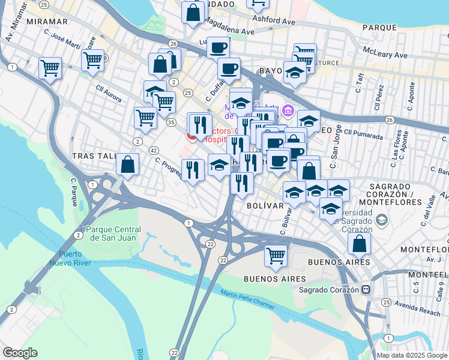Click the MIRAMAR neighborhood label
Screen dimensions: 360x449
[x=47, y=21]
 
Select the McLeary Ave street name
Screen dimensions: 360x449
[x=387, y=55]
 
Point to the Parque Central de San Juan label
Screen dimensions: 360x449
[x=113, y=233]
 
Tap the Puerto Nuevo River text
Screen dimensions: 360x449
[x=74, y=258]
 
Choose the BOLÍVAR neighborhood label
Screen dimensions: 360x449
[x=265, y=205]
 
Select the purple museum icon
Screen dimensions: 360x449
[x=288, y=110]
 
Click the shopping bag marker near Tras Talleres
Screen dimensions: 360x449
[x=128, y=164]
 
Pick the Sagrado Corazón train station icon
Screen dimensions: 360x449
[x=364, y=289]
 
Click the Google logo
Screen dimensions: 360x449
[x=20, y=353]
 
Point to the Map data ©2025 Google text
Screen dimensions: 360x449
[x=411, y=355]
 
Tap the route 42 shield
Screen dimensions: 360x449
[x=154, y=150]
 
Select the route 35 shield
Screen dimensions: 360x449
[x=171, y=122]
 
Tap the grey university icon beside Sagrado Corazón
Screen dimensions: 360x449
[x=380, y=220]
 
